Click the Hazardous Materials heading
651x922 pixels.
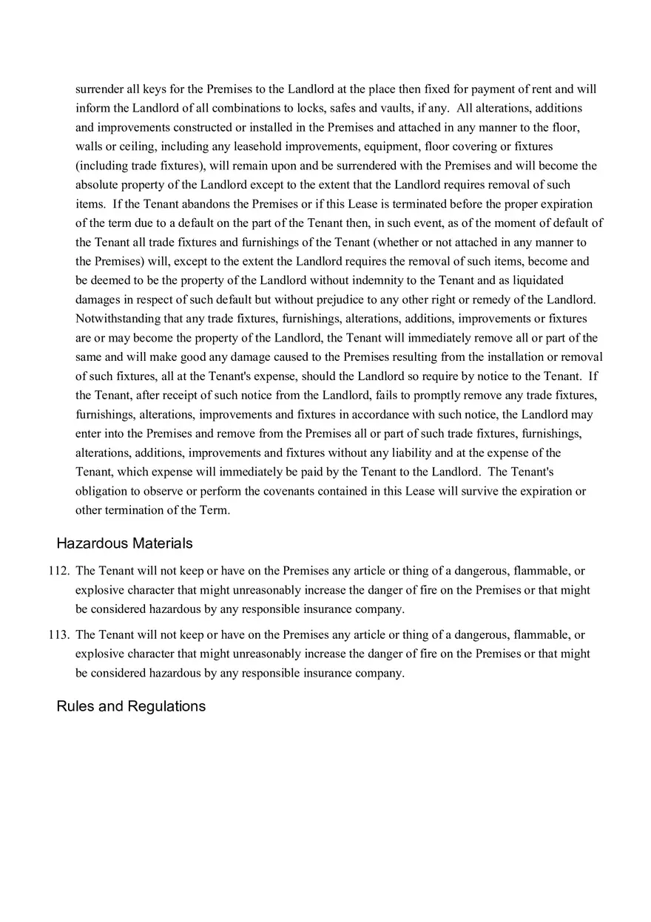click(124, 543)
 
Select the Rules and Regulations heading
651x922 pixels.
click(131, 706)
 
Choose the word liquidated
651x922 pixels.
click(538, 280)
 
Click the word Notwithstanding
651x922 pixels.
click(115, 319)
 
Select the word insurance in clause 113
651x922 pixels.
click(323, 673)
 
